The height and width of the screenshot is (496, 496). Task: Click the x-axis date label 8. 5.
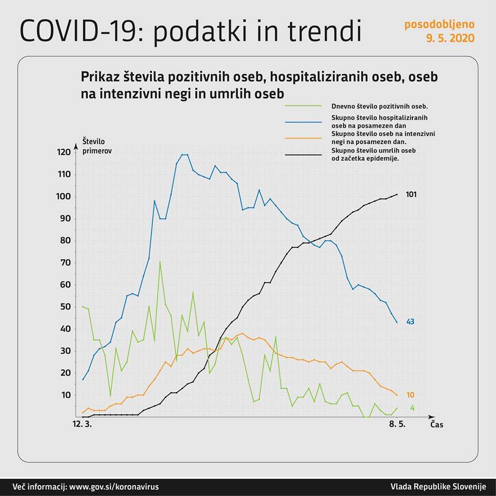click(x=397, y=425)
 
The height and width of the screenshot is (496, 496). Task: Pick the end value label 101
click(x=411, y=195)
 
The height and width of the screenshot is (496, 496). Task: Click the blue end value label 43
click(x=410, y=322)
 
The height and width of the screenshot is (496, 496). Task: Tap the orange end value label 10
click(x=410, y=395)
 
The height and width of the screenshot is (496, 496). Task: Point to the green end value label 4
click(x=412, y=408)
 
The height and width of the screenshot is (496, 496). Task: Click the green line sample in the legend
click(x=305, y=105)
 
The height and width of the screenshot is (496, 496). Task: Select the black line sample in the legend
click(x=305, y=154)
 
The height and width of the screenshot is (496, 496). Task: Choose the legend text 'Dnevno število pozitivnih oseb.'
click(x=376, y=105)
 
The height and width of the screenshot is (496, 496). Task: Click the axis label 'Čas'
click(x=437, y=425)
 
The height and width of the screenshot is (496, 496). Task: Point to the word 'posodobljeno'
click(x=439, y=24)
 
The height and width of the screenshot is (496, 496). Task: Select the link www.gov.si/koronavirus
click(x=114, y=487)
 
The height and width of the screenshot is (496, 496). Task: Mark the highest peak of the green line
click(x=160, y=261)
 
